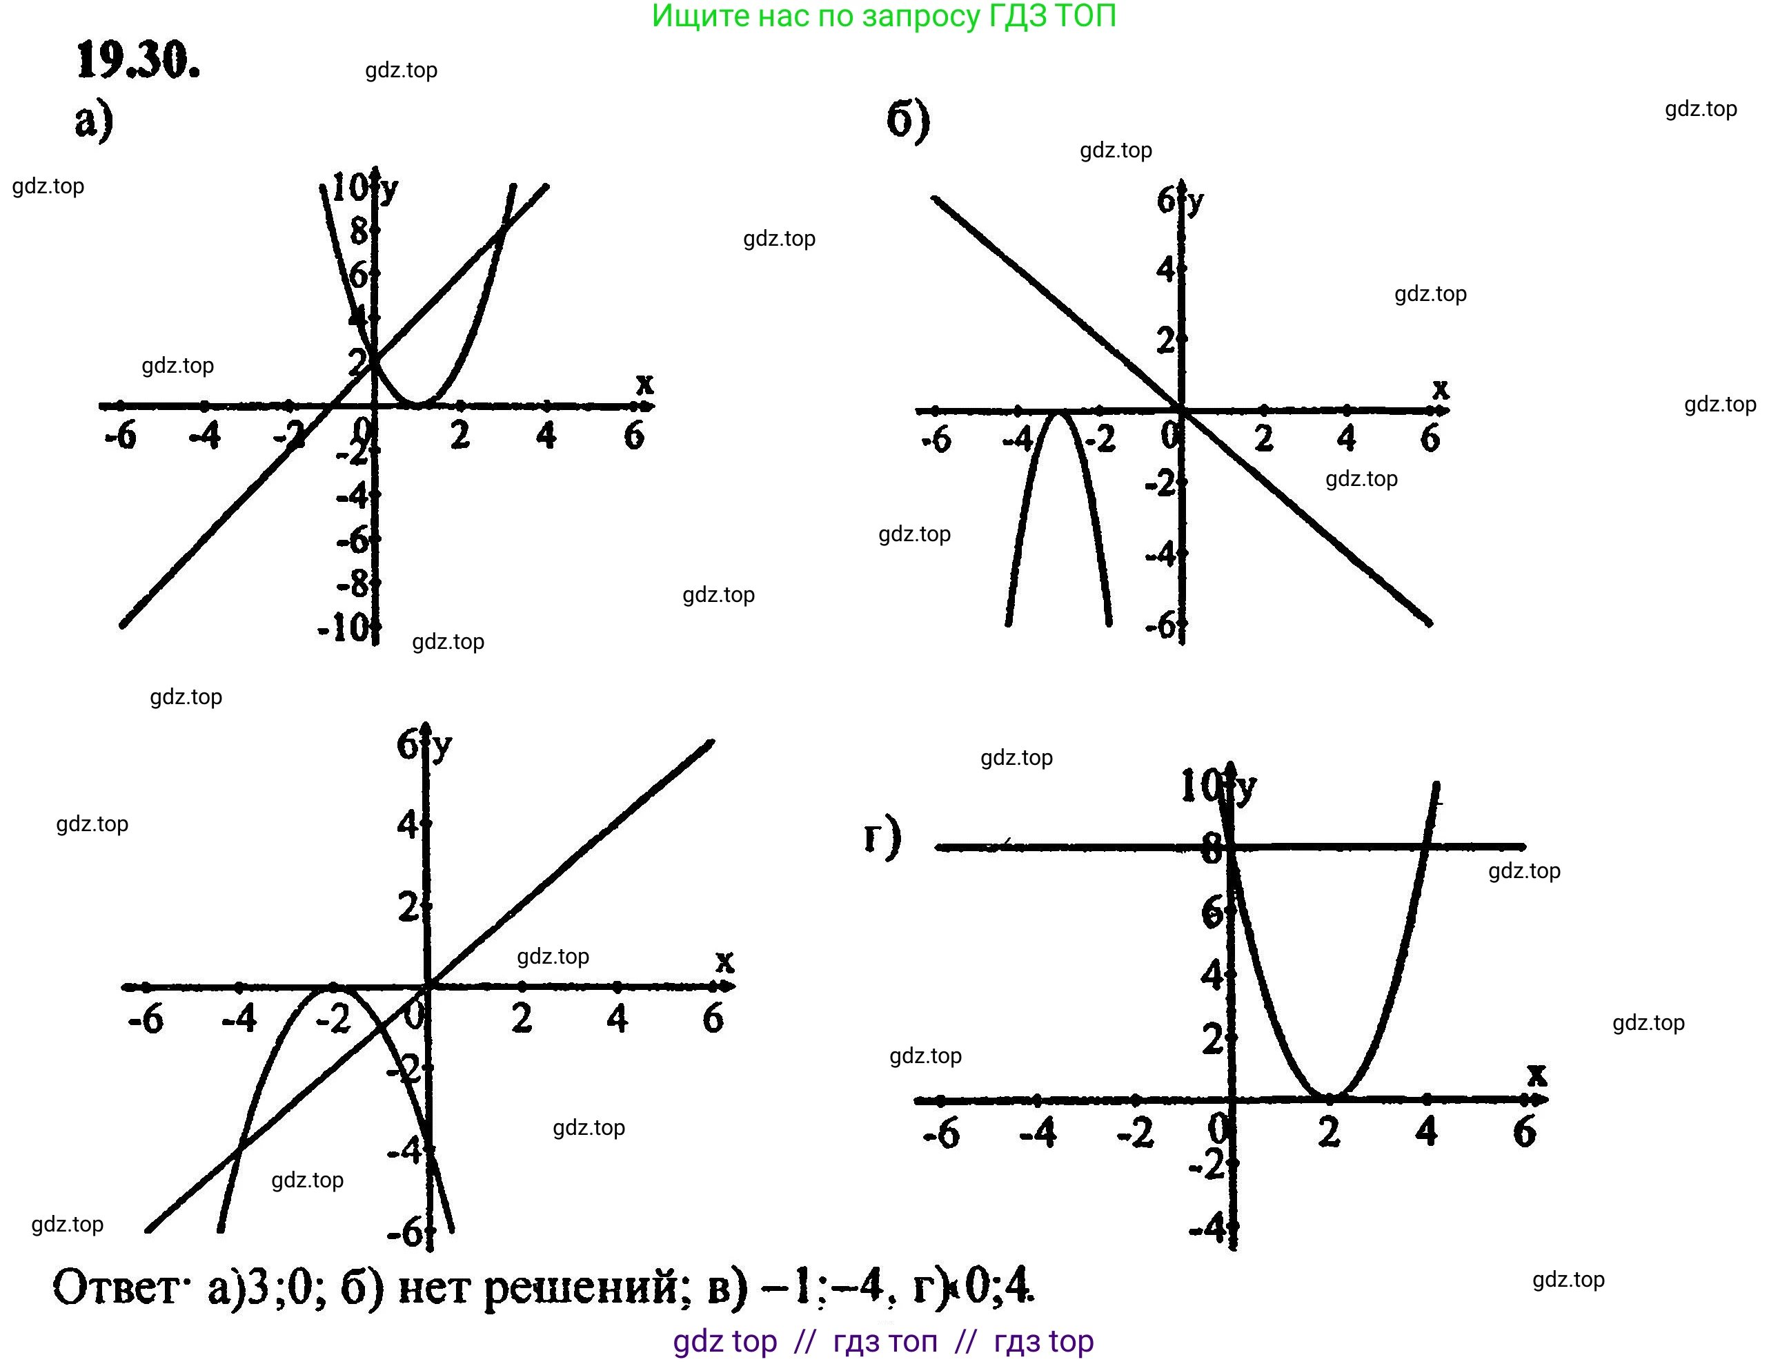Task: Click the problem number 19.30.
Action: [138, 61]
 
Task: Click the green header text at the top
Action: [884, 16]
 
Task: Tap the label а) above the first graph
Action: [94, 121]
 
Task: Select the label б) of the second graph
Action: [908, 121]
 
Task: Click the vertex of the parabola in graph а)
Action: [416, 404]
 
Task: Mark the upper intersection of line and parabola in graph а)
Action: [503, 229]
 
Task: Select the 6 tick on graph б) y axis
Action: [1167, 200]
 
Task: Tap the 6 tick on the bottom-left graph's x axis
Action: [713, 1018]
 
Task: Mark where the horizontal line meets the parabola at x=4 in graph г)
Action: [1426, 847]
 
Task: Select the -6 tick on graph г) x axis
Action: [941, 1133]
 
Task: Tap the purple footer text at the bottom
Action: [883, 1341]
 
